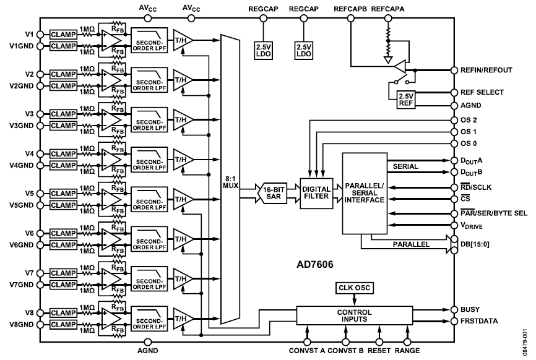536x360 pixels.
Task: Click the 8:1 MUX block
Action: (230, 179)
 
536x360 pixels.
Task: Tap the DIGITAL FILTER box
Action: (316, 193)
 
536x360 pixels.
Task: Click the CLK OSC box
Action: (354, 288)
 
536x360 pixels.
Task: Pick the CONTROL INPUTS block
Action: (355, 315)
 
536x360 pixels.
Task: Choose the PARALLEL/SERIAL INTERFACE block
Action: (365, 194)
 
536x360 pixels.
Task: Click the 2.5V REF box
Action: (406, 100)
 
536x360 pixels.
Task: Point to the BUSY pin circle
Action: (454, 310)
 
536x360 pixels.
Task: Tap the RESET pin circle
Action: (379, 342)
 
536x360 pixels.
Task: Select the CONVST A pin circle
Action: (307, 342)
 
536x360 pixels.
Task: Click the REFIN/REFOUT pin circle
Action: (454, 70)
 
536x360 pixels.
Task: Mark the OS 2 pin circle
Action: (454, 120)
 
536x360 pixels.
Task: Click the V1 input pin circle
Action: (40, 35)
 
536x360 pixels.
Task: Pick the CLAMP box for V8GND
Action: (63, 325)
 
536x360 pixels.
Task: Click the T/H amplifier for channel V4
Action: (182, 160)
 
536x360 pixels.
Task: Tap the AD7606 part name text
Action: (315, 264)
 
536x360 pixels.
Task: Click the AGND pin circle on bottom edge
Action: (148, 342)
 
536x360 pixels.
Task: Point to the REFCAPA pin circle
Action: (387, 18)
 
